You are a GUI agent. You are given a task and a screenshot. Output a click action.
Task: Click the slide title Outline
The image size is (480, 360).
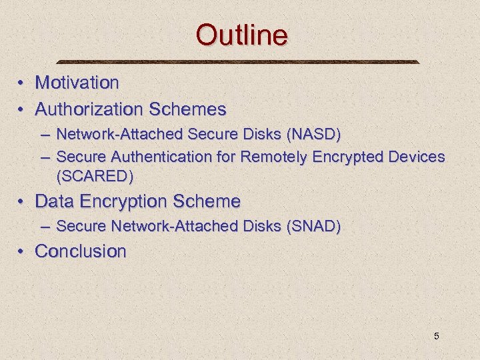point(242,35)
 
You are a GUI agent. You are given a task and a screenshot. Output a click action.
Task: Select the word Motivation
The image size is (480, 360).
point(77,83)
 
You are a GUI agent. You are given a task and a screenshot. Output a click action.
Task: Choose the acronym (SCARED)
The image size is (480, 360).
point(95,176)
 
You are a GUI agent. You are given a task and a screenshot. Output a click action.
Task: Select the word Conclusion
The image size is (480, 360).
point(81,251)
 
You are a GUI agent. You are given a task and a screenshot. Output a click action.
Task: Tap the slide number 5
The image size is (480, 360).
point(437,336)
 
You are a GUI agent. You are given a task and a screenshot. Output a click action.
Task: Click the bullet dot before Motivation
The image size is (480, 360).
point(22,83)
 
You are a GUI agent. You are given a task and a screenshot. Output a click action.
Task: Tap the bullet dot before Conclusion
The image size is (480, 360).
point(22,252)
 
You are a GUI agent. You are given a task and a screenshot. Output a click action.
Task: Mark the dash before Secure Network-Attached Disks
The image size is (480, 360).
point(45,227)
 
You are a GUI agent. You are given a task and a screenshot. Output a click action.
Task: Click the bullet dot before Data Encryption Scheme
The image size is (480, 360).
point(22,201)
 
